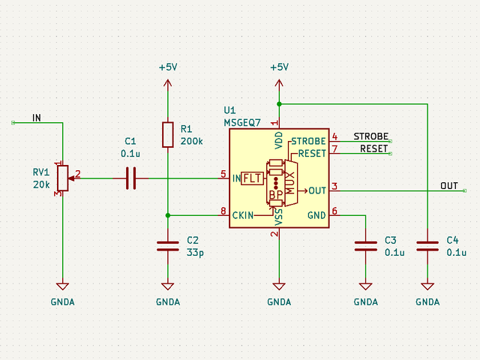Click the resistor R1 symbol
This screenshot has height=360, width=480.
(x=167, y=135)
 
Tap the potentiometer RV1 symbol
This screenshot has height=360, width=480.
(x=62, y=178)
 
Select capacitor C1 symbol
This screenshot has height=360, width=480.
(x=130, y=178)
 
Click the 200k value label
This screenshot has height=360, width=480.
(x=191, y=141)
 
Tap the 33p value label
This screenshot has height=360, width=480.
(x=195, y=253)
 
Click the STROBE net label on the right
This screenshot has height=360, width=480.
(x=370, y=136)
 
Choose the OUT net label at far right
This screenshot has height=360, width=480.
(x=448, y=186)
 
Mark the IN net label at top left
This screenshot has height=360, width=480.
(x=37, y=118)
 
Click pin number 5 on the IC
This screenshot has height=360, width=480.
(x=223, y=174)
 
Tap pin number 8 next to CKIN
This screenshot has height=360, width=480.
(x=223, y=211)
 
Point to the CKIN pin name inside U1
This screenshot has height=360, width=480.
(x=243, y=216)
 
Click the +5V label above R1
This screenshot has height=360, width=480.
(x=167, y=67)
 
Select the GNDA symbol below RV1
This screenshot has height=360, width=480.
(x=62, y=287)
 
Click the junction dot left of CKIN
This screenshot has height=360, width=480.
(x=167, y=215)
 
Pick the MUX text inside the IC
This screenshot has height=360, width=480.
(x=291, y=179)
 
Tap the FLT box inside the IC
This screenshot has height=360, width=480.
(x=253, y=178)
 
